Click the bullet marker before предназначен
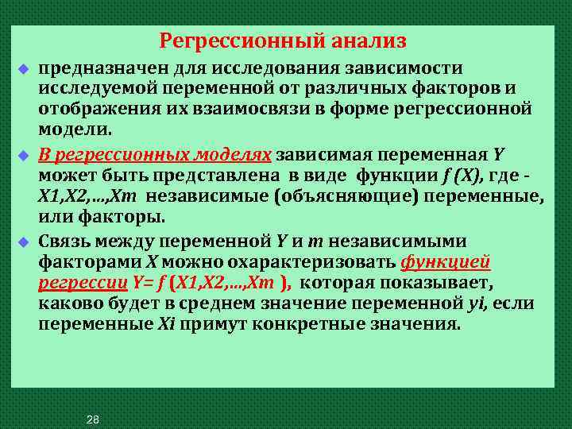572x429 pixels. [x=24, y=72]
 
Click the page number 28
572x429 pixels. [x=93, y=419]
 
